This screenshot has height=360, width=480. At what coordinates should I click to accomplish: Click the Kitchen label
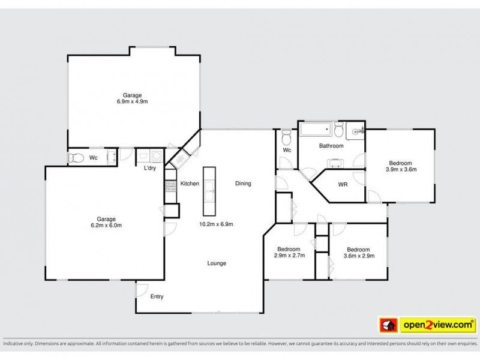click(190, 184)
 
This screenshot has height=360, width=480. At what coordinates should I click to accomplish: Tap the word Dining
click(243, 184)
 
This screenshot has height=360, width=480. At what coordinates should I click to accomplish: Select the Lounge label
click(217, 263)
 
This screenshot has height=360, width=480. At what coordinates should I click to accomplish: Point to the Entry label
click(157, 296)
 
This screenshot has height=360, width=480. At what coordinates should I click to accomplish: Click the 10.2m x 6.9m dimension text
click(216, 224)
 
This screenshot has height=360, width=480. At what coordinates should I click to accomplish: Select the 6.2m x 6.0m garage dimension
click(106, 226)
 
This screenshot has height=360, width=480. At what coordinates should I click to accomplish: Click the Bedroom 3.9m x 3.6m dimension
click(401, 169)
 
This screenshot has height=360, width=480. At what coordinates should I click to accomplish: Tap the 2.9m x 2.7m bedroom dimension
click(289, 256)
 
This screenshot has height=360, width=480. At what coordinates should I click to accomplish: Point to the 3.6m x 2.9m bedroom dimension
click(359, 256)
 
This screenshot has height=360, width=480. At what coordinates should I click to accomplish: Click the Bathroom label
click(331, 146)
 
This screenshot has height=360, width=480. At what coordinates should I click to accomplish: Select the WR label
click(343, 185)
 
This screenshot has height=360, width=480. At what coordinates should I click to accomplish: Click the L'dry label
click(150, 168)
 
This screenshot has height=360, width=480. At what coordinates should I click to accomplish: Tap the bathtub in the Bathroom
click(316, 129)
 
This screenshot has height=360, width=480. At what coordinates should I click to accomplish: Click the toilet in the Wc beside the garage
click(76, 158)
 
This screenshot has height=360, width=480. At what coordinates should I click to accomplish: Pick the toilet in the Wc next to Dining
click(287, 138)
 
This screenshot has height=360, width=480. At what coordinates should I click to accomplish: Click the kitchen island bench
click(209, 191)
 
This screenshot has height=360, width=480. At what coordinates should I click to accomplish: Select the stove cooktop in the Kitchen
click(171, 186)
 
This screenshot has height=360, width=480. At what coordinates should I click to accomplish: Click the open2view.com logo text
click(438, 324)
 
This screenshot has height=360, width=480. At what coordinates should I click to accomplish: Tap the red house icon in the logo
click(388, 325)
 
